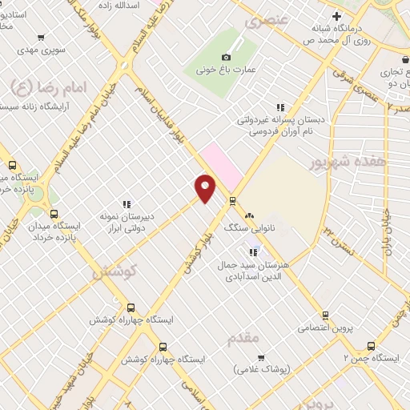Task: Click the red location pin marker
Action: coord(206,187)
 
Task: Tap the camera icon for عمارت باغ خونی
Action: coord(226,57)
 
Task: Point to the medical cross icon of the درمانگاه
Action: coord(336,16)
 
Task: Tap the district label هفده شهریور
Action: coord(343,162)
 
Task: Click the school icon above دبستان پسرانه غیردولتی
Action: coord(280,107)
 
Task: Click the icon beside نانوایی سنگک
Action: coord(250,215)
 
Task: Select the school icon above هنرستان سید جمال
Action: coord(254,253)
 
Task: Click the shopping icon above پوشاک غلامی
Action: coord(260,357)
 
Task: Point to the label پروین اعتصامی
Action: coord(324,328)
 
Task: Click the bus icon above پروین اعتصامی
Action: coord(324,316)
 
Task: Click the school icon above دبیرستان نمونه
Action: coord(127,205)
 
